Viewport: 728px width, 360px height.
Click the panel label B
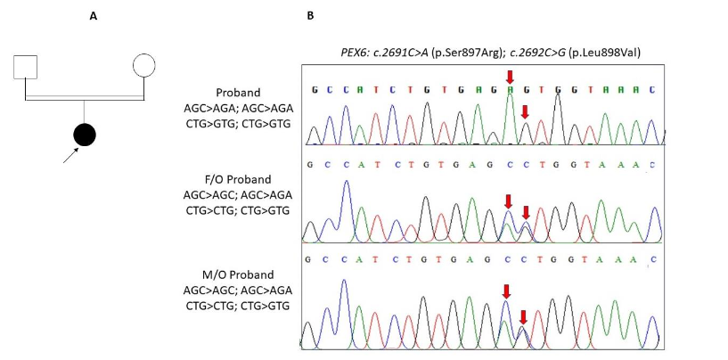point(310,16)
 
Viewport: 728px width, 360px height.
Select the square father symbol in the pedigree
point(25,68)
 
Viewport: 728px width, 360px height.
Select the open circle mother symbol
point(144,66)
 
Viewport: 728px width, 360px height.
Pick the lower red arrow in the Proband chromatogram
point(525,111)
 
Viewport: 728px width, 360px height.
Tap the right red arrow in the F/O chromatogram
point(526,212)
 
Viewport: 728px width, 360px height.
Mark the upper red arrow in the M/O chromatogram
point(506,291)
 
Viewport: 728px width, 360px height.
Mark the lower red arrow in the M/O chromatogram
point(523,316)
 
